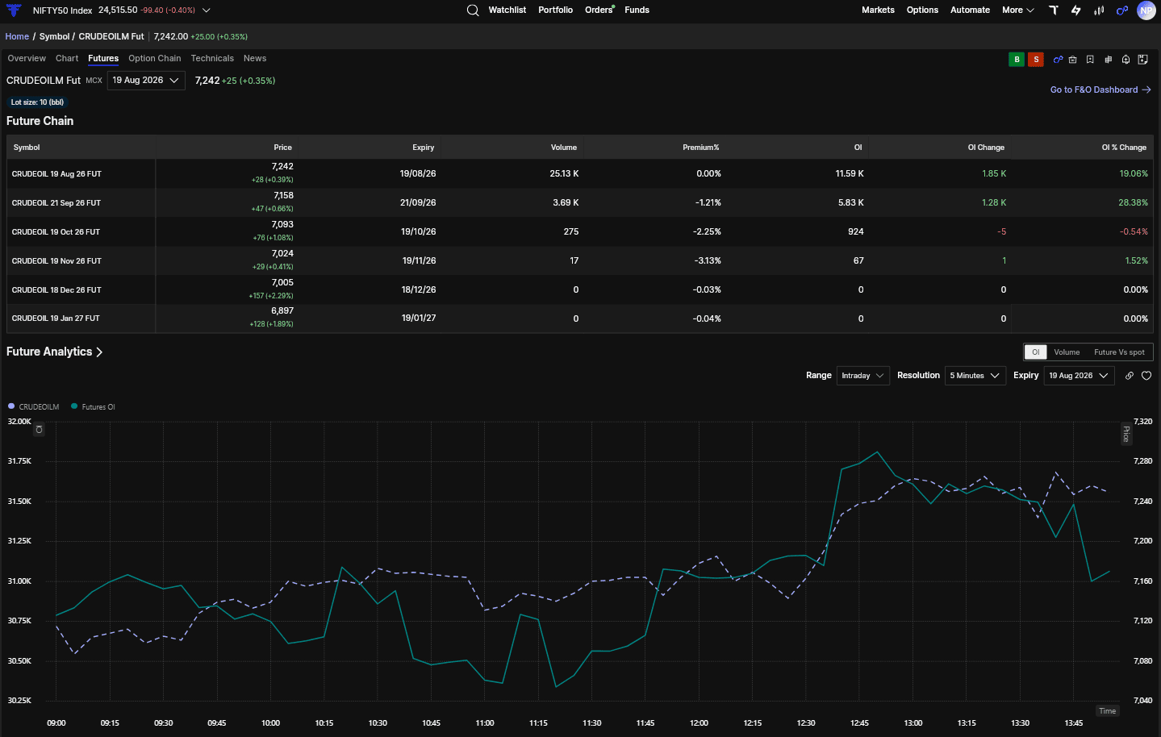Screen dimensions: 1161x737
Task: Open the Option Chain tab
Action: [x=154, y=59]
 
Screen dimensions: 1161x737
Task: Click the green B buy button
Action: [x=1017, y=60]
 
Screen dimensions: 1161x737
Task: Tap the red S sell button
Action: [x=1036, y=60]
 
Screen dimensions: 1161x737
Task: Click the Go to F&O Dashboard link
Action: [x=1100, y=90]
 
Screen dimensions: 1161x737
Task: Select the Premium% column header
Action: [x=701, y=148]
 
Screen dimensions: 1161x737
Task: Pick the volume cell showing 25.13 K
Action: [x=564, y=173]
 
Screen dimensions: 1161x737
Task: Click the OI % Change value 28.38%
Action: [x=1133, y=202]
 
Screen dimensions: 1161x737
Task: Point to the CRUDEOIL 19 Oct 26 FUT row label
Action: [x=56, y=232]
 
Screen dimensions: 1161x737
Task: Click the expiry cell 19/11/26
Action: [x=419, y=260]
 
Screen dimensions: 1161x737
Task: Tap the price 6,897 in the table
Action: [x=282, y=310]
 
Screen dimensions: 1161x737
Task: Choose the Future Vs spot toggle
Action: [x=1119, y=352]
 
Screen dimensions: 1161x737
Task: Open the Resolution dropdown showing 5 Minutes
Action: [x=975, y=376]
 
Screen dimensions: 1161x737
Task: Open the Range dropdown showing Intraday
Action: [x=862, y=376]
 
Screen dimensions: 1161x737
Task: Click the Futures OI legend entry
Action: [x=93, y=407]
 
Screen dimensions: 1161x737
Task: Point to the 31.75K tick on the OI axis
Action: [x=19, y=461]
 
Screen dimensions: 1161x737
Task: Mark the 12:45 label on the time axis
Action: [x=859, y=723]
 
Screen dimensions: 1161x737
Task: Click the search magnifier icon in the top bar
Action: [x=472, y=10]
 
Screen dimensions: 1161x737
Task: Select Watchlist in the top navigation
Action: [x=507, y=10]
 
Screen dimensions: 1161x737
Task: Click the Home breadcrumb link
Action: [x=17, y=36]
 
